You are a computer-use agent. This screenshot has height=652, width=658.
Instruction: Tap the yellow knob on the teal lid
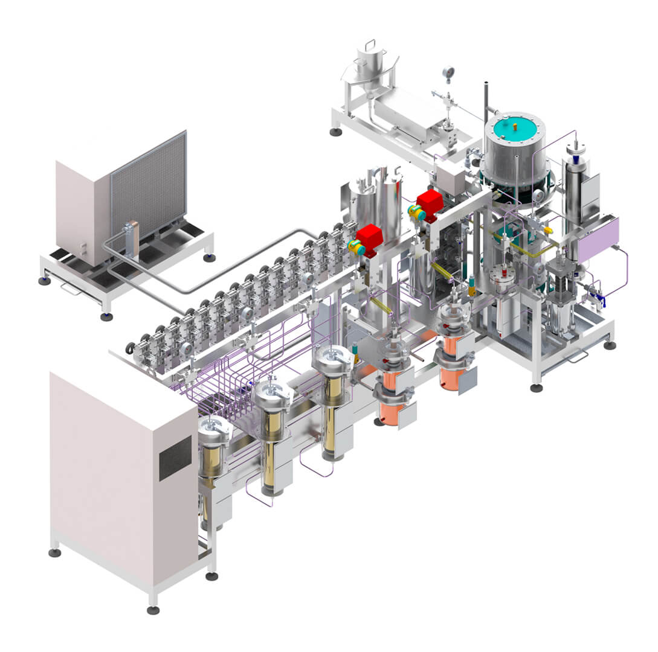pos(515,127)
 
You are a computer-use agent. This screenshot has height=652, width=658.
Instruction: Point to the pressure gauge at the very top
pos(448,73)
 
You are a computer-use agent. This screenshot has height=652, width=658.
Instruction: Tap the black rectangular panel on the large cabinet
pos(175,458)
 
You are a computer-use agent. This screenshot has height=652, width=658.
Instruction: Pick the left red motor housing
pos(369,236)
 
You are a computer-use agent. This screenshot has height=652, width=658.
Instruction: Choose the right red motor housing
pos(430,202)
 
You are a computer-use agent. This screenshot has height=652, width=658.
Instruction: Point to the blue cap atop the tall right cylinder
pos(576,159)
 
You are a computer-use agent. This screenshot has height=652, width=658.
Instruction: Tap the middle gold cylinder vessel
pos(273,426)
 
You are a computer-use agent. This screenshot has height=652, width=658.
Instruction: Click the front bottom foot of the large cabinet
pos(153,609)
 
